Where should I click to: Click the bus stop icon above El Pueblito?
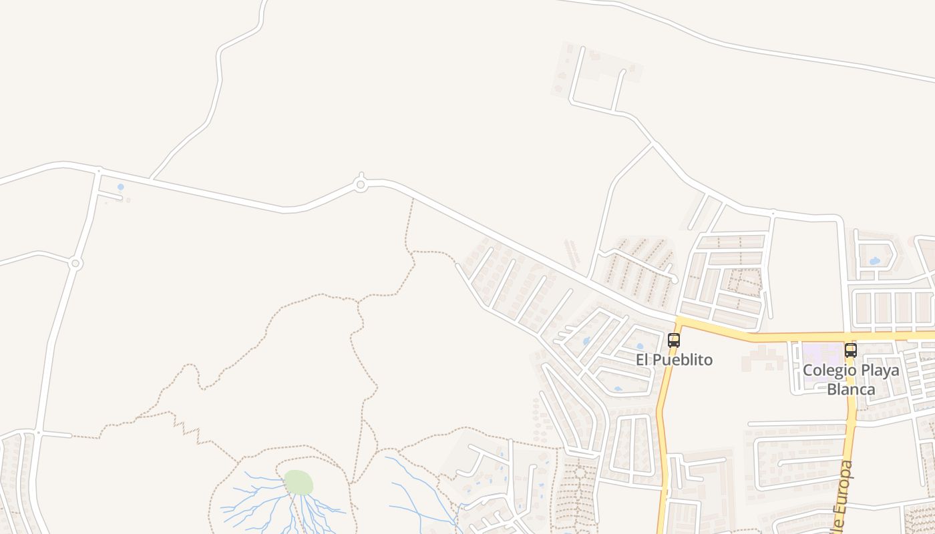[x=674, y=340]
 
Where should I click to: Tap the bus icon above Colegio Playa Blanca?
[x=850, y=350]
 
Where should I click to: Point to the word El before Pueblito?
[x=642, y=360]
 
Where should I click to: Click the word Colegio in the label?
[x=827, y=370]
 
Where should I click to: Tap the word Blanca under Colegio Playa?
[x=851, y=389]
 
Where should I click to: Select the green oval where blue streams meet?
[x=298, y=482]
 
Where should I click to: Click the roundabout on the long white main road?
[x=361, y=184]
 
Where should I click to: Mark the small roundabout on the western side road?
[x=75, y=264]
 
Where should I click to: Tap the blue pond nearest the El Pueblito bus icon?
[x=640, y=346]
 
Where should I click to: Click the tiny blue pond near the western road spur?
[x=120, y=188]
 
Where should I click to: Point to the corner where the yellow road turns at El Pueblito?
[x=679, y=322]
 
